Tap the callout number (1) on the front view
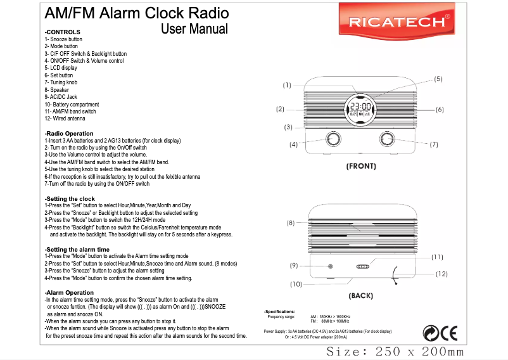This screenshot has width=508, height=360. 287,85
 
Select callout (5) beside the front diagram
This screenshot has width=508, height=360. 438,79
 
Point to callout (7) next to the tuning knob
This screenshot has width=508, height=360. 434,145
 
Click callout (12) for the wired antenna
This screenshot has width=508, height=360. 441,274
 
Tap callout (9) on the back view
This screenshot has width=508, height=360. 294,265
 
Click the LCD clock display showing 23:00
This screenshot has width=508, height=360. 360,108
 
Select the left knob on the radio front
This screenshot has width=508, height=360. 331,139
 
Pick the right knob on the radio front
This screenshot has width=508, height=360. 386,139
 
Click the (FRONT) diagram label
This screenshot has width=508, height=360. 360,167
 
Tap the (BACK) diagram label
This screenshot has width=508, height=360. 360,295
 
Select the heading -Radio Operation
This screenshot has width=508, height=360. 69,134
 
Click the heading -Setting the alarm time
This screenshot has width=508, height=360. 77,249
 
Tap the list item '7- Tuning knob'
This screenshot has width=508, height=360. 60,82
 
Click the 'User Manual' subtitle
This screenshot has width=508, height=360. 194,29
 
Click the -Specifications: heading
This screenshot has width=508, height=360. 280,312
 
